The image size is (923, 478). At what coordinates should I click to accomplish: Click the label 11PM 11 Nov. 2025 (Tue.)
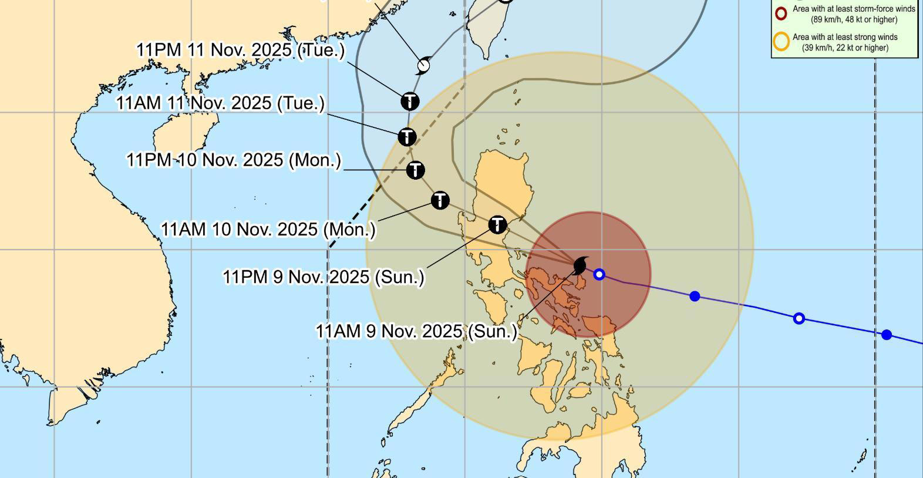click(x=241, y=50)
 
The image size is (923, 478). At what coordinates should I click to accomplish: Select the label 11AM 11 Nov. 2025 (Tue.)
click(x=220, y=103)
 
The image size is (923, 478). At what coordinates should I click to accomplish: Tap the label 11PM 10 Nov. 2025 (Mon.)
click(x=234, y=160)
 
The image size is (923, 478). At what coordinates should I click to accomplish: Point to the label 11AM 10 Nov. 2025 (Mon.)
click(x=268, y=229)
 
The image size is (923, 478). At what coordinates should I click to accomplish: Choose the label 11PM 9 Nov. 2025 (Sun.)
click(x=324, y=277)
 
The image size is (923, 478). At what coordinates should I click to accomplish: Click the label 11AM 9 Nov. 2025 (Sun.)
click(x=417, y=331)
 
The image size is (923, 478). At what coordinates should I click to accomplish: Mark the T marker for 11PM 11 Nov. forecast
click(x=410, y=101)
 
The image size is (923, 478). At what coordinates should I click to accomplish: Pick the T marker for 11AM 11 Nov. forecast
click(x=407, y=137)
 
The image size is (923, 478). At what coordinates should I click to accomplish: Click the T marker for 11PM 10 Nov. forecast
click(x=416, y=170)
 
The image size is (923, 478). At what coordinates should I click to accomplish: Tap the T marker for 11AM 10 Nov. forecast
click(x=440, y=200)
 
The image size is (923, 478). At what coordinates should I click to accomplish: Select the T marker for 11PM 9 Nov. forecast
click(x=497, y=224)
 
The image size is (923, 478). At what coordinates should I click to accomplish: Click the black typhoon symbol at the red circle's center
click(x=581, y=265)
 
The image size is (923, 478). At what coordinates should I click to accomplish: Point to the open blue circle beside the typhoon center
click(x=599, y=274)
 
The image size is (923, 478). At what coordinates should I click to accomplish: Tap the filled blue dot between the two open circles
click(x=695, y=296)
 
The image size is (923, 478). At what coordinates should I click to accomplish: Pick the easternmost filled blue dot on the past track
click(x=887, y=335)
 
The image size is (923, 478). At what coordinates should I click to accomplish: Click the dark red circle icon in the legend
click(x=781, y=14)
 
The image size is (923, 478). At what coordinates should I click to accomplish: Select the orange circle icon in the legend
click(x=781, y=42)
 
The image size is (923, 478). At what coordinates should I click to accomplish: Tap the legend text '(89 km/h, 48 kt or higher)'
click(x=854, y=19)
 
